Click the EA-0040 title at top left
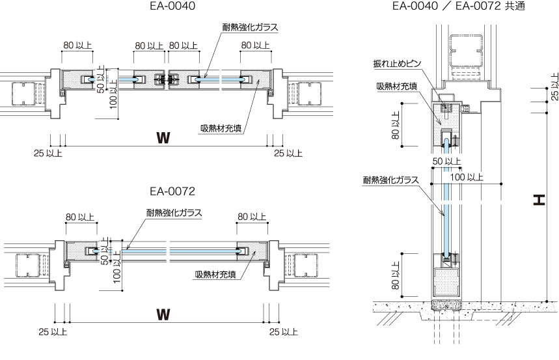[172, 6]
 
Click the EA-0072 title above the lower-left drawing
[172, 191]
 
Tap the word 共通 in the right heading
[515, 6]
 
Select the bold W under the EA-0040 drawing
[163, 137]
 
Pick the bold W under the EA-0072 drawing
[163, 314]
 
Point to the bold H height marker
[539, 200]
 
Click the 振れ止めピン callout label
[397, 64]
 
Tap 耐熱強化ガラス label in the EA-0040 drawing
[250, 27]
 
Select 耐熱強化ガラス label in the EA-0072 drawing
[174, 213]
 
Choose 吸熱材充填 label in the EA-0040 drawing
[221, 128]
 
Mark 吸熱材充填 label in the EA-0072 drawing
[215, 275]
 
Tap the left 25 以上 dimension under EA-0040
[48, 154]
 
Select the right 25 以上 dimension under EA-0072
[284, 332]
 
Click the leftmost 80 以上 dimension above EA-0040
[77, 46]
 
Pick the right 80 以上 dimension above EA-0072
[252, 217]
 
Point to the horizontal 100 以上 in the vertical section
[467, 177]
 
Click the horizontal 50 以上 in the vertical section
[446, 161]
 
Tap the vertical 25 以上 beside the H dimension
[554, 86]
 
